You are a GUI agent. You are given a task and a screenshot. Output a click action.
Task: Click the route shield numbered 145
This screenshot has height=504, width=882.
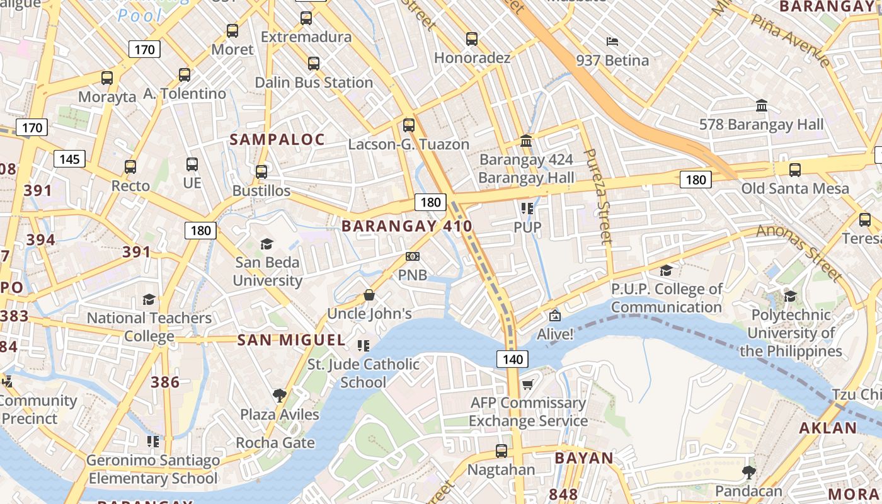69,159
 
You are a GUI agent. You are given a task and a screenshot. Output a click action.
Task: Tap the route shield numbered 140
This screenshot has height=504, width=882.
513,359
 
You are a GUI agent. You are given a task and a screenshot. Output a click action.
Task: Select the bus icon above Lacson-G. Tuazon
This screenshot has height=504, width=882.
409,125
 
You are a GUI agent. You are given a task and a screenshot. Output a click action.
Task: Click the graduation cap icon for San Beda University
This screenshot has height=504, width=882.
266,244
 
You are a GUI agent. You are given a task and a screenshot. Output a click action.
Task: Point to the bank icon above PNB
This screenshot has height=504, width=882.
413,256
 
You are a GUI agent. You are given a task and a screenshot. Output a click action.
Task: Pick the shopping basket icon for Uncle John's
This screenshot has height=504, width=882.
369,295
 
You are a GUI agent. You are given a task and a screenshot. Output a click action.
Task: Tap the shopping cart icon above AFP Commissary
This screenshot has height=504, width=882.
527,384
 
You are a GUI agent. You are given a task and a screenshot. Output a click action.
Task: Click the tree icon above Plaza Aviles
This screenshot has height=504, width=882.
280,396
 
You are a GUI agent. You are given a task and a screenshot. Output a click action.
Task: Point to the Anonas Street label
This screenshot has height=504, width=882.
799,252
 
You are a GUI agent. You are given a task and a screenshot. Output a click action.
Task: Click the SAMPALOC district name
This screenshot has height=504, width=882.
277,139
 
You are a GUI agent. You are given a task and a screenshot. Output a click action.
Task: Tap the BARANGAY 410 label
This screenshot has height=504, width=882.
406,226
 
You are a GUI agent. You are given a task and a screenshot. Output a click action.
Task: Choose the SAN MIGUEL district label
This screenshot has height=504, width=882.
291,340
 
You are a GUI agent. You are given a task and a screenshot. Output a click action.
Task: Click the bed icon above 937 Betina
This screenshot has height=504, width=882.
612,42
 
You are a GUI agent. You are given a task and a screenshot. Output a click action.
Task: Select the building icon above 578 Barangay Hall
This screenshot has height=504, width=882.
761,106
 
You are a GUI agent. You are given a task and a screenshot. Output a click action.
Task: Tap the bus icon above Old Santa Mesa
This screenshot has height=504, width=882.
794,169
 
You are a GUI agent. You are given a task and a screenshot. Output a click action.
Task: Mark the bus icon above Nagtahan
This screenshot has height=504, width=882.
501,451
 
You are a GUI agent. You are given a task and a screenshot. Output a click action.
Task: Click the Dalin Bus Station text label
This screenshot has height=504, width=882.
314,83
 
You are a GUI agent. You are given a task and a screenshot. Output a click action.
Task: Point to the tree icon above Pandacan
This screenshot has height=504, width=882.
748,472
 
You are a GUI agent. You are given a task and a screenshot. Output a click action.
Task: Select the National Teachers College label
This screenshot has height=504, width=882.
149,326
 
